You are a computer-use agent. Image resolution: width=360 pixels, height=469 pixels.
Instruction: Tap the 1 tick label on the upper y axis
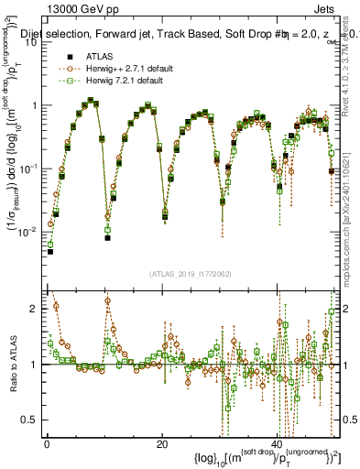click(x=37, y=105)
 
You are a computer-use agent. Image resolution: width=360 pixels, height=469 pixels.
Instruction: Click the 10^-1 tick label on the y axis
click(x=32, y=169)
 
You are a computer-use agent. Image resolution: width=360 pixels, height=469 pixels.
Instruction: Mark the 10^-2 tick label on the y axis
click(x=32, y=232)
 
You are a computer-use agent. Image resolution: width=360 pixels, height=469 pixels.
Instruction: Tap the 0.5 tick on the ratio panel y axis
click(x=32, y=420)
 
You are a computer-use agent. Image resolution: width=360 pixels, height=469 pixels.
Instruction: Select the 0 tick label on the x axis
click(x=47, y=444)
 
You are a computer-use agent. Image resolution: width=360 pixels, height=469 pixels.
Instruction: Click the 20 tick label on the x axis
click(x=161, y=444)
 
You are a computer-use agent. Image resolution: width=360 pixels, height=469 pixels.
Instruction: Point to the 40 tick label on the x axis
click(x=276, y=444)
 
